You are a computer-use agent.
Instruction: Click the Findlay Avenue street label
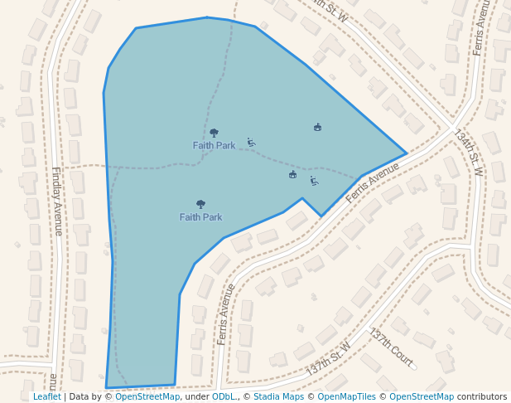pos(57,201)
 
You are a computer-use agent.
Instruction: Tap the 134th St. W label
pos(468,152)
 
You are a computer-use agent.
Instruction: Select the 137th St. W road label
pos(328,359)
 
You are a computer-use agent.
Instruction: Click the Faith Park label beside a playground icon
pos(214,145)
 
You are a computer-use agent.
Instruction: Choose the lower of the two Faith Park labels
pos(200,217)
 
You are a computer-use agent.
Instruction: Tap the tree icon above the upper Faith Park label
pos(214,133)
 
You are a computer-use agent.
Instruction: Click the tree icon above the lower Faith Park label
pos(200,204)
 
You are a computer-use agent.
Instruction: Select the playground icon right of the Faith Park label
pos(251,142)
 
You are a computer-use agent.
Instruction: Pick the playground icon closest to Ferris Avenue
pos(314,181)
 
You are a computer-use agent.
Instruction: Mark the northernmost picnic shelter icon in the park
pos(317,127)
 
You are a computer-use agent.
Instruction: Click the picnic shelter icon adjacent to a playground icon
pos(292,174)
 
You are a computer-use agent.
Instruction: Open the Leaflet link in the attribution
pos(46,396)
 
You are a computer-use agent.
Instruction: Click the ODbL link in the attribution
pos(224,396)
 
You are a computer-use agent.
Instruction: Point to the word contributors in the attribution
pos(482,396)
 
